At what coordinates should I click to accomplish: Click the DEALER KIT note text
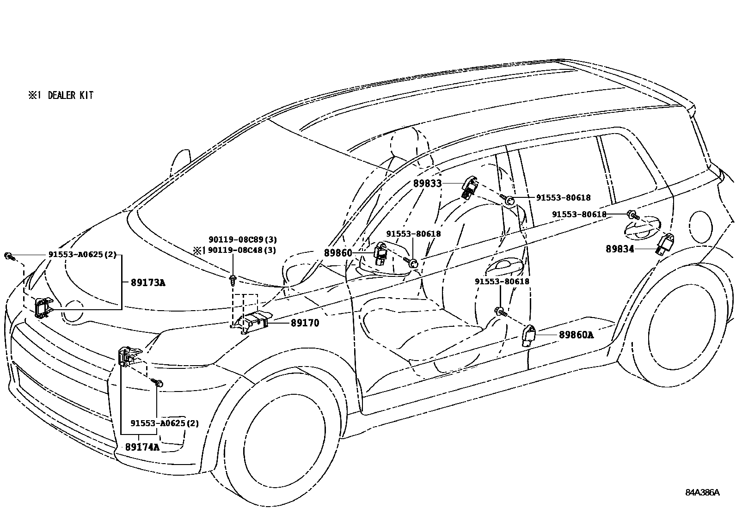pyautogui.click(x=61, y=95)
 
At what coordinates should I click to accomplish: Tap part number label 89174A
pyautogui.click(x=142, y=447)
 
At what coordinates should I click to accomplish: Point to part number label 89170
pyautogui.click(x=305, y=323)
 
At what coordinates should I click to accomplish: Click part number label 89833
pyautogui.click(x=427, y=184)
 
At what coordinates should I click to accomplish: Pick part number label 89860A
pyautogui.click(x=576, y=334)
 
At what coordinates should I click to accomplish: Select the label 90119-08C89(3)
pyautogui.click(x=242, y=239)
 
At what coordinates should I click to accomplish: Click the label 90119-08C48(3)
pyautogui.click(x=242, y=250)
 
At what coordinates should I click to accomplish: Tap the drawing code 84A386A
pyautogui.click(x=702, y=492)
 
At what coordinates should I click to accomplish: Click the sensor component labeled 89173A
pyautogui.click(x=43, y=307)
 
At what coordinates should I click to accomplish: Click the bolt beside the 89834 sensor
pyautogui.click(x=632, y=214)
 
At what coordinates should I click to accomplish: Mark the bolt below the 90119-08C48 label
pyautogui.click(x=233, y=279)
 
